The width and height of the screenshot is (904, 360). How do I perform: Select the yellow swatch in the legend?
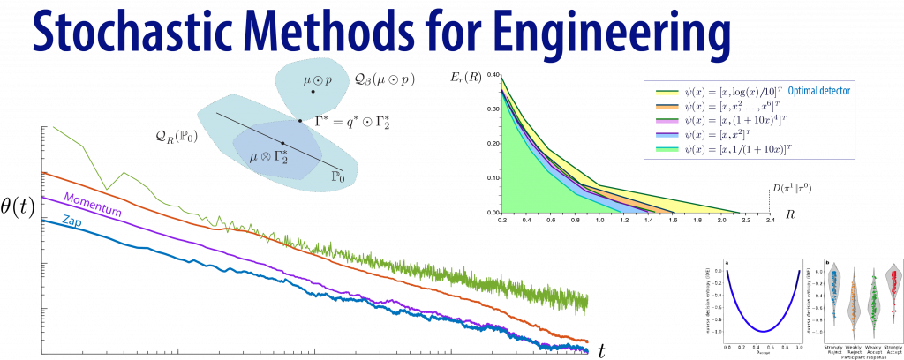(666, 93)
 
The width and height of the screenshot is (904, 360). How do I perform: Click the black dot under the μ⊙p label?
(313, 92)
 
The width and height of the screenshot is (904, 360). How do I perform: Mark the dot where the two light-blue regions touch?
(300, 121)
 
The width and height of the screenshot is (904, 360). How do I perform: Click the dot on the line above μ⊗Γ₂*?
(282, 142)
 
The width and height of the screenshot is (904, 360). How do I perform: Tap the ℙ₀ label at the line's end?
(336, 176)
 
